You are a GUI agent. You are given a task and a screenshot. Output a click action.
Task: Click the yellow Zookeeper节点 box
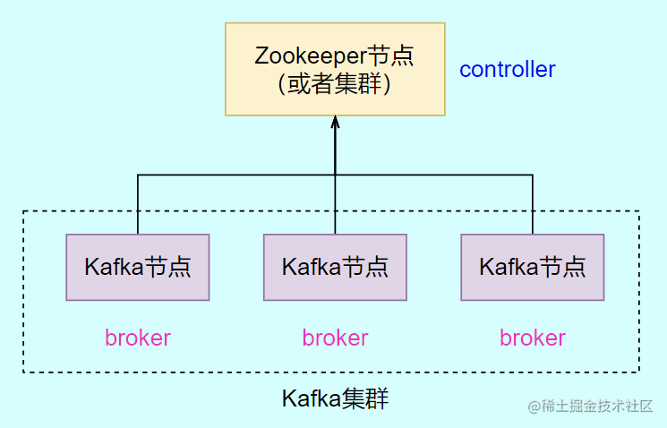(x=335, y=69)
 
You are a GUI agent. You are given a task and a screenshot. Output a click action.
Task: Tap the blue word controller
(x=508, y=69)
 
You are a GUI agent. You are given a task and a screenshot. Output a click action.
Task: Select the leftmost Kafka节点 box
(x=138, y=267)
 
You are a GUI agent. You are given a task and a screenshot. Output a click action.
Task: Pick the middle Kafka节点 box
(x=335, y=267)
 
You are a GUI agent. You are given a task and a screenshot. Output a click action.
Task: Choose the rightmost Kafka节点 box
(x=533, y=267)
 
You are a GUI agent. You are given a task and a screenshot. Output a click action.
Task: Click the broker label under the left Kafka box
(x=138, y=338)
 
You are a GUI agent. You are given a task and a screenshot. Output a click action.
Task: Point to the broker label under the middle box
(x=335, y=338)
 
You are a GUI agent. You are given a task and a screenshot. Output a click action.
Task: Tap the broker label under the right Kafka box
(x=533, y=338)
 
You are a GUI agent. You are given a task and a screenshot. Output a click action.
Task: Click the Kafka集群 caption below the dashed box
(x=335, y=399)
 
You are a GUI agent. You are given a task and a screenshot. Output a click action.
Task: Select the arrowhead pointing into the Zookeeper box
(x=335, y=122)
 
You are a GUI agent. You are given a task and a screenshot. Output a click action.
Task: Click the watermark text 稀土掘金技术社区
(x=597, y=407)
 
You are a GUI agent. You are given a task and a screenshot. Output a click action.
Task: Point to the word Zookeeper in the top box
(x=311, y=56)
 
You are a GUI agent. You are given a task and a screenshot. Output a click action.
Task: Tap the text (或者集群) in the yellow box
(x=334, y=83)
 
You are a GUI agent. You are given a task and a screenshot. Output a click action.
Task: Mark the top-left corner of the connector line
(x=138, y=175)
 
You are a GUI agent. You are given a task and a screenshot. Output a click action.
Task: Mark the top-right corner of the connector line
(x=533, y=175)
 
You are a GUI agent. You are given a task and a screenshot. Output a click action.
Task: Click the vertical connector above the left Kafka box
(x=138, y=204)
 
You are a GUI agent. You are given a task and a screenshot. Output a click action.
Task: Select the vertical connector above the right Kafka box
(x=533, y=204)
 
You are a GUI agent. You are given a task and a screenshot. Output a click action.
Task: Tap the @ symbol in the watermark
(x=534, y=407)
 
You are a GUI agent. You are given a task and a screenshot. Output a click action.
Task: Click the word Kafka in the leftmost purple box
(x=114, y=267)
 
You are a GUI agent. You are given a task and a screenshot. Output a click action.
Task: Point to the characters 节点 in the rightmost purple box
(x=565, y=267)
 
